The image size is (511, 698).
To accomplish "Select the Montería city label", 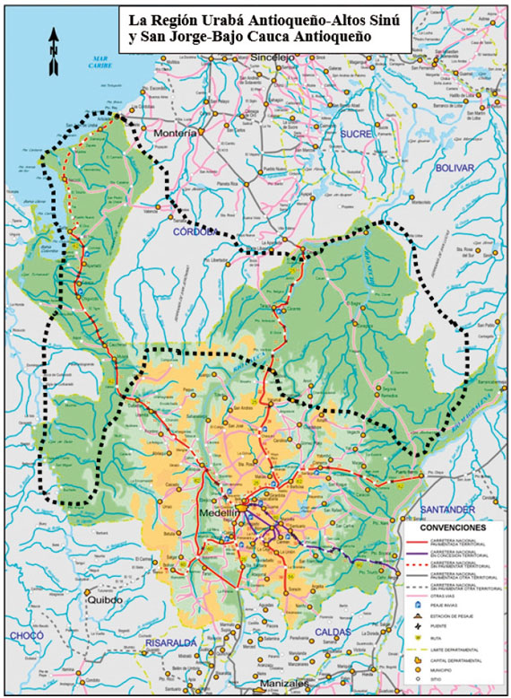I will (175, 134).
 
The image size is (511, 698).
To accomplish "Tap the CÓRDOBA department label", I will (197, 231).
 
